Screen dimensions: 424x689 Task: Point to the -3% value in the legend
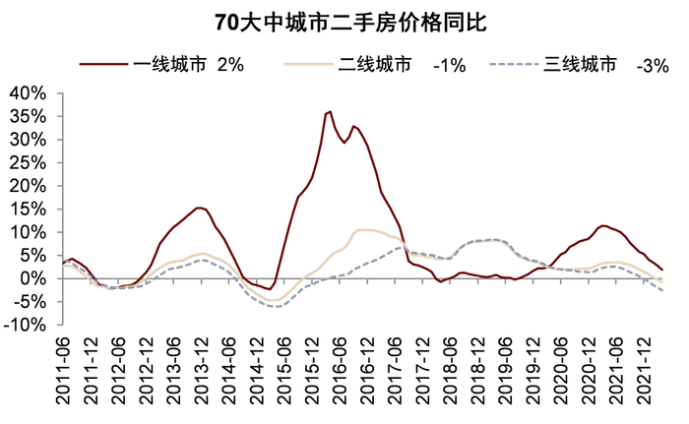654,65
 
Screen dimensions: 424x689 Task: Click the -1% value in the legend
450,65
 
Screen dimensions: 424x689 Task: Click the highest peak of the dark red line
330,111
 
